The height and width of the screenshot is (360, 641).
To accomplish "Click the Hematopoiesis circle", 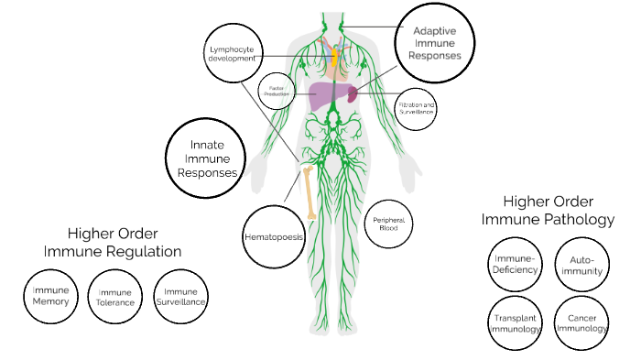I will coord(274,235).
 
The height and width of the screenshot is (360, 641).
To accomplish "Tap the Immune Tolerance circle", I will coord(116,298).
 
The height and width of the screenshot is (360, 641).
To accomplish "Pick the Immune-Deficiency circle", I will coord(512,262).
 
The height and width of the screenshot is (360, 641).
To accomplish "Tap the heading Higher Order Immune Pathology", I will coord(548,210).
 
